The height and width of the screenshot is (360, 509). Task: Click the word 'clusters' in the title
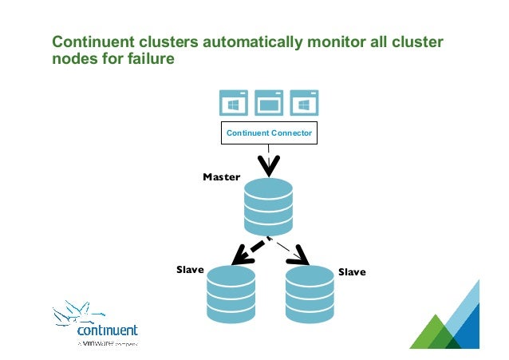pyautogui.click(x=160, y=42)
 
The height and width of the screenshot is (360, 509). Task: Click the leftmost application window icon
pyautogui.click(x=235, y=103)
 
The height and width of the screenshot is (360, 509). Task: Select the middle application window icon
pyautogui.click(x=270, y=103)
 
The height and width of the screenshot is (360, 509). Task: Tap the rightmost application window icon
pyautogui.click(x=304, y=103)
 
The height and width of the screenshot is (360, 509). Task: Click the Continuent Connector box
pyautogui.click(x=269, y=133)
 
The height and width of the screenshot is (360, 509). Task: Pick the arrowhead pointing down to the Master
pyautogui.click(x=269, y=168)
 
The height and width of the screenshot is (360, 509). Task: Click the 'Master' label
pyautogui.click(x=221, y=176)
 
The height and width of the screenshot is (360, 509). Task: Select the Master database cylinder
pyautogui.click(x=269, y=207)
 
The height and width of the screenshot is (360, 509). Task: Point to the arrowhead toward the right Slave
pyautogui.click(x=300, y=257)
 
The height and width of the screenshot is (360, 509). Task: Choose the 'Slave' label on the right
pyautogui.click(x=352, y=272)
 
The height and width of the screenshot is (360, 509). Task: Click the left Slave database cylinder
pyautogui.click(x=231, y=295)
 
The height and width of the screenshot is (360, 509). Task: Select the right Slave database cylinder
pyautogui.click(x=309, y=295)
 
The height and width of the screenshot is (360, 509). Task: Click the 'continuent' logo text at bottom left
pyautogui.click(x=108, y=330)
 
